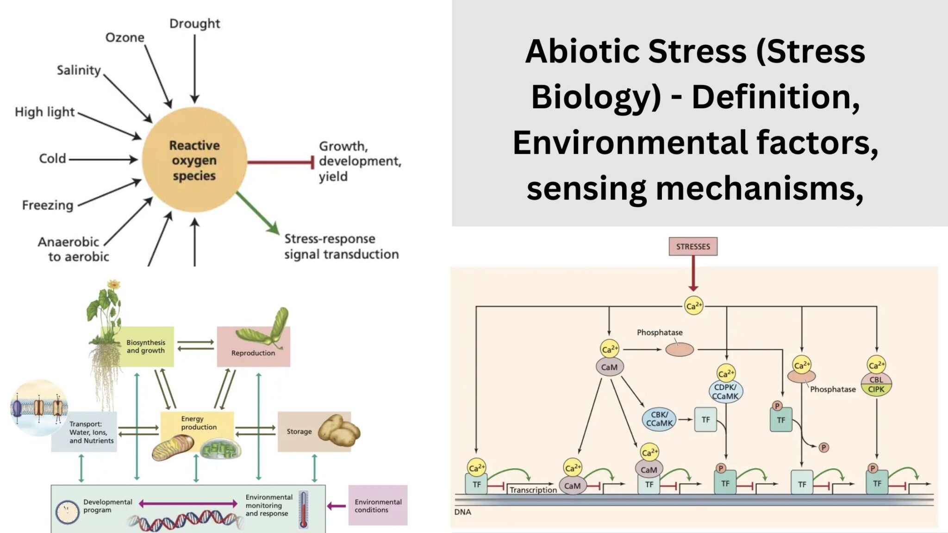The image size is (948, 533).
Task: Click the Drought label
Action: tap(194, 23)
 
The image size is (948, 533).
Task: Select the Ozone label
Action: tap(125, 37)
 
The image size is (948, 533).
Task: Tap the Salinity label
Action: tap(79, 70)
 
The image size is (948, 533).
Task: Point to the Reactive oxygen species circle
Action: tap(194, 160)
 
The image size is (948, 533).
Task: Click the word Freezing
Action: tap(48, 205)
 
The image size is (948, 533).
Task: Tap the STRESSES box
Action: tap(692, 247)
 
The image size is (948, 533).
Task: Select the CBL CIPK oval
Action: tap(876, 384)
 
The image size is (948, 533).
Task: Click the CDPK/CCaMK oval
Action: tap(725, 391)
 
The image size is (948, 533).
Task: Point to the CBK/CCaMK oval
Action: tap(659, 419)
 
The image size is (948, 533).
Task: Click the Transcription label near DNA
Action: tap(533, 490)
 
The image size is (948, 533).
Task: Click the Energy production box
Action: tap(198, 423)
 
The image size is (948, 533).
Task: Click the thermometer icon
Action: tap(304, 509)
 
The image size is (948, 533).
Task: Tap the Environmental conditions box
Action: tap(378, 505)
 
